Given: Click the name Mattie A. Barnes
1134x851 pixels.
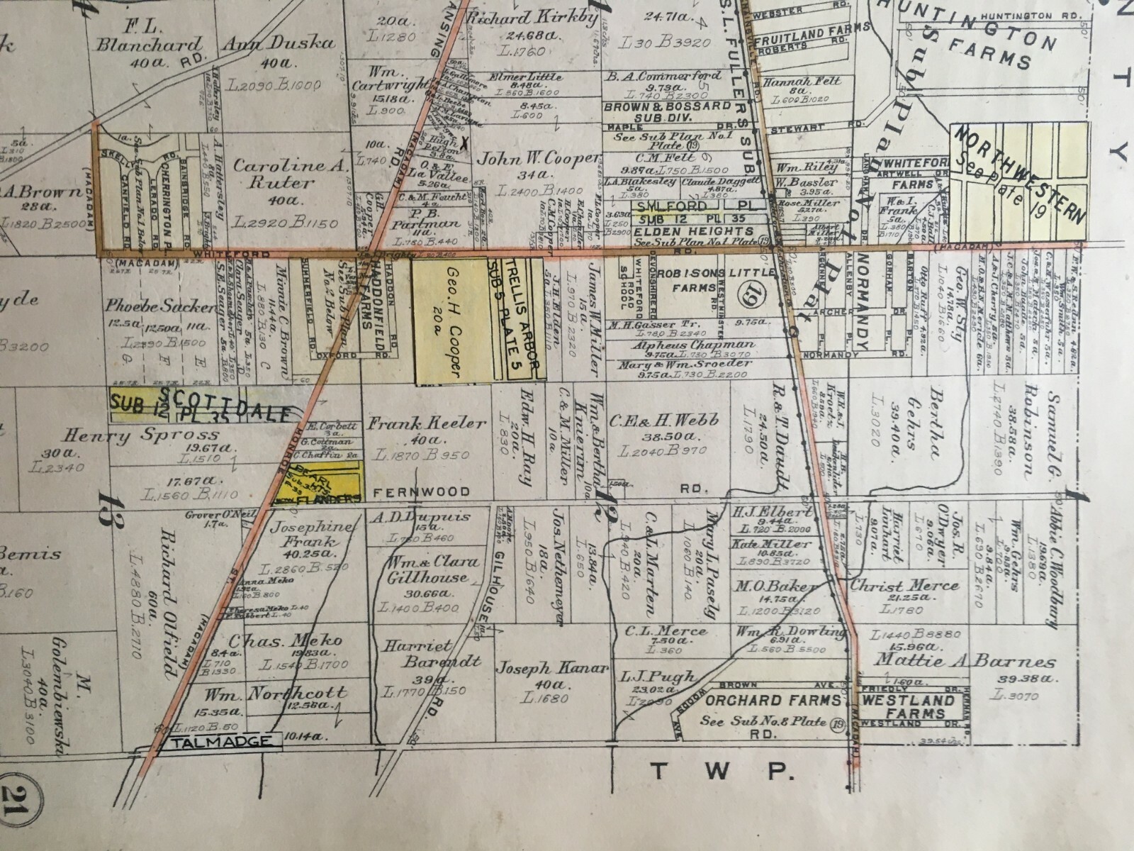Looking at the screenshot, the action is click(964, 662).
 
